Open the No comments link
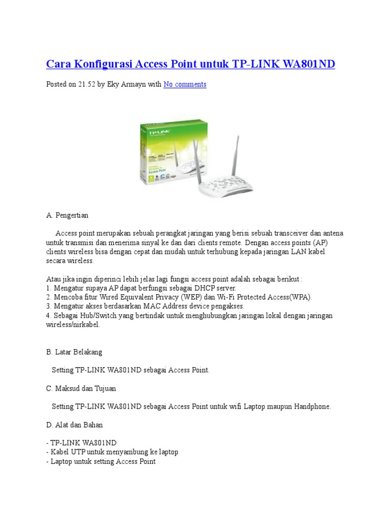tap(185, 84)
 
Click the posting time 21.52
tap(86, 84)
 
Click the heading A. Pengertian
tap(67, 215)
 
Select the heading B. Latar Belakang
tap(74, 352)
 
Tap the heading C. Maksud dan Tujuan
tap(81, 388)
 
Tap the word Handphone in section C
tap(312, 407)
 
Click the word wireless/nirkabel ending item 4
tap(73, 325)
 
